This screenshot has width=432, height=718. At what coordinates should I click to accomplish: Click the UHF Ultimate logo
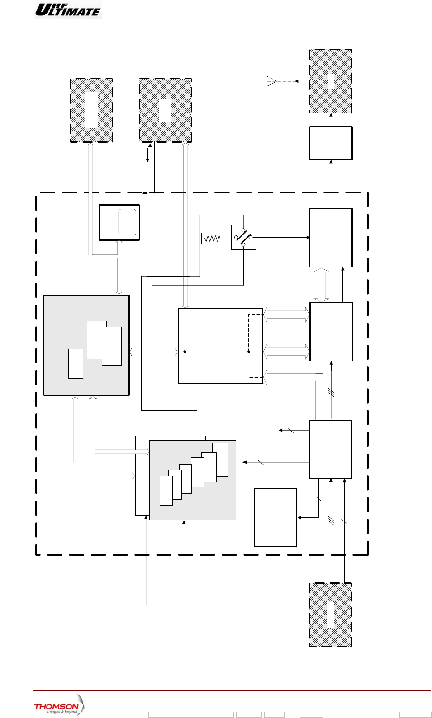pos(68,9)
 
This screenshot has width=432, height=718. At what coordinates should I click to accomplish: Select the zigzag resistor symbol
pos(212,238)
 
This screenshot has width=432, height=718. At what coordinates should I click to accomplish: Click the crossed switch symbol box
pos(243,237)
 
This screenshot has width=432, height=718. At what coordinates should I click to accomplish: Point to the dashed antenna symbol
pos(271,81)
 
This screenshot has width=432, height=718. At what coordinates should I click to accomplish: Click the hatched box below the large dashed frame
pos(330,615)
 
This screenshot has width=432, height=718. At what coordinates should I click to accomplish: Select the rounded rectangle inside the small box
pos(127,222)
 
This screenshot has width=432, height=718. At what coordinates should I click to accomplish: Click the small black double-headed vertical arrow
pos(149,153)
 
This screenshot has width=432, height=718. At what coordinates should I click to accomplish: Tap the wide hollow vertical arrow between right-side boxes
pos(321,285)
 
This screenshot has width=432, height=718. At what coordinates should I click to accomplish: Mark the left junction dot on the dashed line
pos(185,352)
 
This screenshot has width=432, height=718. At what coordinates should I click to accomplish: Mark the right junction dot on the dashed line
pos(249,352)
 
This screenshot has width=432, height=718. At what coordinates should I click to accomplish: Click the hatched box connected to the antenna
pos(331,81)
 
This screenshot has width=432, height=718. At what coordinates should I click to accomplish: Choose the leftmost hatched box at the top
pos(91,111)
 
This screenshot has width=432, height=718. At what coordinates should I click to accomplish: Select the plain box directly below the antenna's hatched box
pos(331,143)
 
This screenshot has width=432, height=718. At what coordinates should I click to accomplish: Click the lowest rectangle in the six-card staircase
pos(166,490)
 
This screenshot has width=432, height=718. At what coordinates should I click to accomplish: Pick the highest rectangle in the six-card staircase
pos(220,459)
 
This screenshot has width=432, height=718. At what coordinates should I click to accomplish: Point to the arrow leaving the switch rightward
pos(283,237)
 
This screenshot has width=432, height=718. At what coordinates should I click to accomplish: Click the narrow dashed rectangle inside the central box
pos(255,346)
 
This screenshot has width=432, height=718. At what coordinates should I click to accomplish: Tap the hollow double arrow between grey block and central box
pos(154,352)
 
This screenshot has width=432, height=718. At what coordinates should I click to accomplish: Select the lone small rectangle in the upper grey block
pos(76,363)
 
